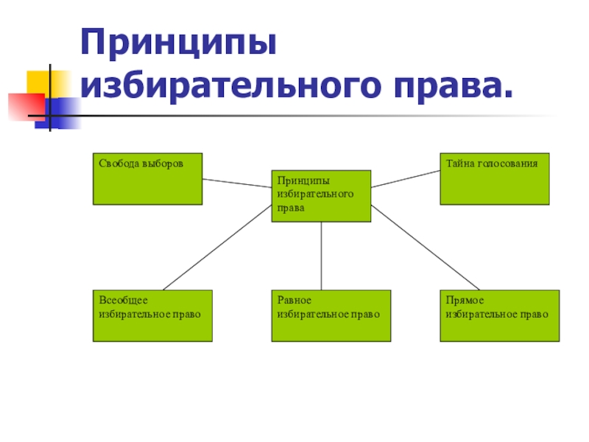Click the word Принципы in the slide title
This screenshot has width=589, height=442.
click(179, 46)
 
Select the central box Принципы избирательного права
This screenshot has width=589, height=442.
click(321, 196)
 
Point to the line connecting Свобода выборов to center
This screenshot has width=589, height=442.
click(237, 183)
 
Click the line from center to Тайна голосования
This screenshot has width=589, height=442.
click(405, 179)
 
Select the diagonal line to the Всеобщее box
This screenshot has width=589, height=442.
click(217, 248)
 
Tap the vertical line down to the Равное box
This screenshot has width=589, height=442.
click(321, 255)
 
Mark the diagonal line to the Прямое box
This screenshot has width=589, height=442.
click(426, 248)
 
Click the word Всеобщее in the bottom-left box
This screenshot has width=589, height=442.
click(124, 301)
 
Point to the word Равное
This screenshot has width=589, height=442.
click(294, 301)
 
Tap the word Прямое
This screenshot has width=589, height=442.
click(465, 301)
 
